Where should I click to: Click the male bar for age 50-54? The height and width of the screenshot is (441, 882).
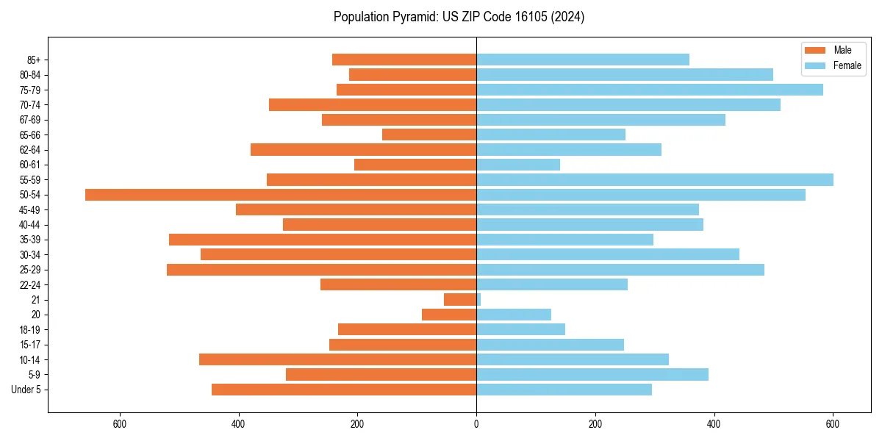coord(281,195)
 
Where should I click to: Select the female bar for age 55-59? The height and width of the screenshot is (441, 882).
coord(655,180)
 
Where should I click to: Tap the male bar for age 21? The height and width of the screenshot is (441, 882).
coord(460,300)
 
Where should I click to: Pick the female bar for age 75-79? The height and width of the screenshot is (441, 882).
coord(650,90)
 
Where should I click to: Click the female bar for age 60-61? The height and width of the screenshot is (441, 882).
coord(518,165)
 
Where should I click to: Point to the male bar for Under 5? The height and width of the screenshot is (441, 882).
coord(344,390)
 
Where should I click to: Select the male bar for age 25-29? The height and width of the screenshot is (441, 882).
coord(321,270)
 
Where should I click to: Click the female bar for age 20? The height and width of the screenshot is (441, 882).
coord(514,315)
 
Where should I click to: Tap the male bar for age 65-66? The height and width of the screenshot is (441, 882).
coord(429,135)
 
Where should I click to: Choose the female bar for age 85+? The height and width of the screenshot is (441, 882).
coord(583,60)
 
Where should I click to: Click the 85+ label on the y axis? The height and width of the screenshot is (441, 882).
coord(35,60)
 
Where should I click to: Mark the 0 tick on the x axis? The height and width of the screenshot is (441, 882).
coord(476,424)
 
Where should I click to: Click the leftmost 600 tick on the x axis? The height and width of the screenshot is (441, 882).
coord(120,424)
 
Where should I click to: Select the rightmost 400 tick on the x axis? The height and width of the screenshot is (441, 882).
coord(714,424)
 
